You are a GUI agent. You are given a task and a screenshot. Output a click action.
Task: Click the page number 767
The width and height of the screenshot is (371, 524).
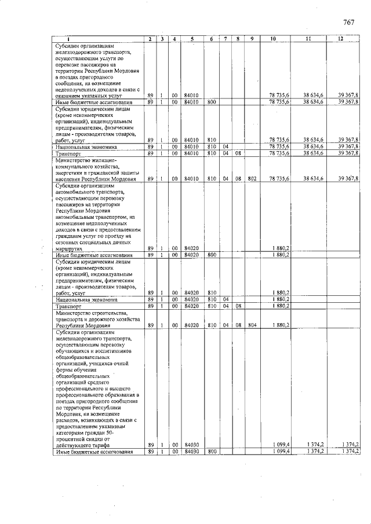348,23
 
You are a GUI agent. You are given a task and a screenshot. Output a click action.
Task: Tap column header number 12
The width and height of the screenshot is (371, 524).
341,39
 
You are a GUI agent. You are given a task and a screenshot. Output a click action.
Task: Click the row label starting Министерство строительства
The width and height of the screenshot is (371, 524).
96,318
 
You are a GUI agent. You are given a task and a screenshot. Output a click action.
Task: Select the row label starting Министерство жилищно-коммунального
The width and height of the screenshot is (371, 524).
96,169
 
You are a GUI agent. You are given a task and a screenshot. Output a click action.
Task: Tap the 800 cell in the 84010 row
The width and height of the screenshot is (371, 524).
212,102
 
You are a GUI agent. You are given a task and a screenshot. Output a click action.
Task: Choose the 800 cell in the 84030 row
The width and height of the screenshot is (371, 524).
212,451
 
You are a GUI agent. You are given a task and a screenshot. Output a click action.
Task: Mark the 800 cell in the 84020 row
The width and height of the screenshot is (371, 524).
212,255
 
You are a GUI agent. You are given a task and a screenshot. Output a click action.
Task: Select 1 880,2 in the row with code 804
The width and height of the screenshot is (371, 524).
281,325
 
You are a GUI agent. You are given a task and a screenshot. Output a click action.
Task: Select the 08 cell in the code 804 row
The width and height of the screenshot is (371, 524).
238,325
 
